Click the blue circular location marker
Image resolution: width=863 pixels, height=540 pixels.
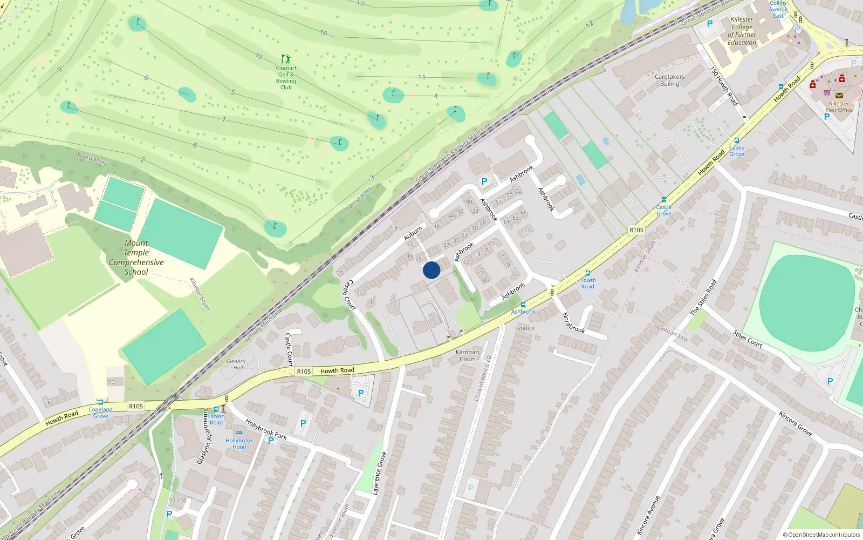pyautogui.click(x=432, y=270)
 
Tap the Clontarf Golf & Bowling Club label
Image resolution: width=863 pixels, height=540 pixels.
pyautogui.click(x=286, y=77)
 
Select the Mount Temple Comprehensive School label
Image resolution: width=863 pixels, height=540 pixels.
pyautogui.click(x=136, y=258)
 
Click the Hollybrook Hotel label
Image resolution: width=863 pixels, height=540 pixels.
pyautogui.click(x=239, y=443)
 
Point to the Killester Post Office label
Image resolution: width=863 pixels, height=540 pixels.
pyautogui.click(x=839, y=107)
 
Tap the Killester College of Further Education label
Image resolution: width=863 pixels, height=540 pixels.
pyautogui.click(x=742, y=31)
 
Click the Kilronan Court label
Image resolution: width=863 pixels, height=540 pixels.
pyautogui.click(x=467, y=355)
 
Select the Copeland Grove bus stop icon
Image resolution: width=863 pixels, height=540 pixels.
pyautogui.click(x=100, y=402)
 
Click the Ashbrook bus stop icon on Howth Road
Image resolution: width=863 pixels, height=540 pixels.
pyautogui.click(x=523, y=305)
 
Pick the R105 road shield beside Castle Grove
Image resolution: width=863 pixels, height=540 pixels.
pyautogui.click(x=636, y=230)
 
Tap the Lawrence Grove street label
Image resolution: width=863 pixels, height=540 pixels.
pyautogui.click(x=379, y=473)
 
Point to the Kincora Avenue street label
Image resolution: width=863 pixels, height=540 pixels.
pyautogui.click(x=648, y=515)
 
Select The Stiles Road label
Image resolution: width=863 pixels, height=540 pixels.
pyautogui.click(x=703, y=297)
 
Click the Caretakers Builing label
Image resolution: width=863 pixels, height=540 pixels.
pyautogui.click(x=669, y=80)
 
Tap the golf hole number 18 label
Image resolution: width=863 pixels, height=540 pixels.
pyautogui.click(x=324, y=33)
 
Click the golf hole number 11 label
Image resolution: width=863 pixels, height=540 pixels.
pyautogui.click(x=422, y=77)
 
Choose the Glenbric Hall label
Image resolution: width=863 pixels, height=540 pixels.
pyautogui.click(x=236, y=364)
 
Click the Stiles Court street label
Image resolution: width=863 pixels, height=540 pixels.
pyautogui.click(x=748, y=338)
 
